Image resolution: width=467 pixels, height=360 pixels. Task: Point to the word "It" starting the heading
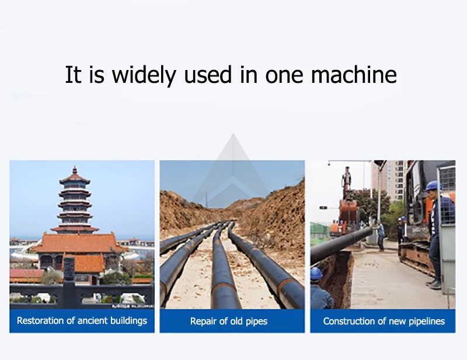(73, 75)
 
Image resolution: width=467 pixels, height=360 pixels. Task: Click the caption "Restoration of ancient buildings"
(82, 321)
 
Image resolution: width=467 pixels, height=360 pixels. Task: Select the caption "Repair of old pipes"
(232, 321)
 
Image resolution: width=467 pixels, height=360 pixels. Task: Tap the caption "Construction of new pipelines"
(384, 321)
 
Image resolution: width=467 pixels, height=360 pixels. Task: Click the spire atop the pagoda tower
(75, 170)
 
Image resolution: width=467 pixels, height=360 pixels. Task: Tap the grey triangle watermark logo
(233, 169)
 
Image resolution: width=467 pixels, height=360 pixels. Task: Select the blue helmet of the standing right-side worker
(431, 186)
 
